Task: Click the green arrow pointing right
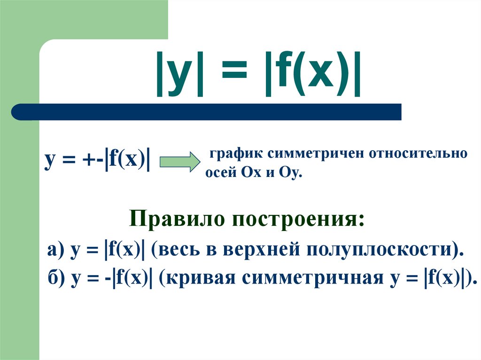tap(180, 161)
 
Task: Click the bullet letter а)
tap(54, 249)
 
